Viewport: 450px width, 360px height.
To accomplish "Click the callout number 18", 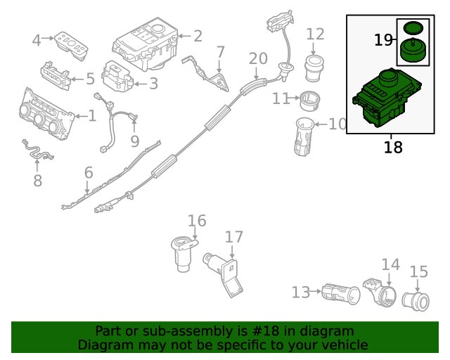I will pyautogui.click(x=393, y=147).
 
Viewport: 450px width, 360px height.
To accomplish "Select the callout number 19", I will pyautogui.click(x=383, y=40).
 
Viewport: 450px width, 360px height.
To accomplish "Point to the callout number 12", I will pyautogui.click(x=316, y=34).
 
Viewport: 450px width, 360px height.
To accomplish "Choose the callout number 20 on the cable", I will pyautogui.click(x=258, y=58).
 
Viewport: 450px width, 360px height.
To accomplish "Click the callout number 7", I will pyautogui.click(x=220, y=51).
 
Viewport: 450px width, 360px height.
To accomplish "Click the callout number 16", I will pyautogui.click(x=197, y=221).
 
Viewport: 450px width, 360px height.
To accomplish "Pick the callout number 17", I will pyautogui.click(x=233, y=237).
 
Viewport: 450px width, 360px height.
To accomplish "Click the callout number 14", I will pyautogui.click(x=390, y=264).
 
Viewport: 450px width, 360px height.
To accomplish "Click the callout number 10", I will pyautogui.click(x=337, y=124).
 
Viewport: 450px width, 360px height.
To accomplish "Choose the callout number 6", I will pyautogui.click(x=88, y=172).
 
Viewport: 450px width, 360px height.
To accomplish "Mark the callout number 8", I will pyautogui.click(x=37, y=181).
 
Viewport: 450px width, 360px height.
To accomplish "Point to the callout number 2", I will pyautogui.click(x=198, y=35).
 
